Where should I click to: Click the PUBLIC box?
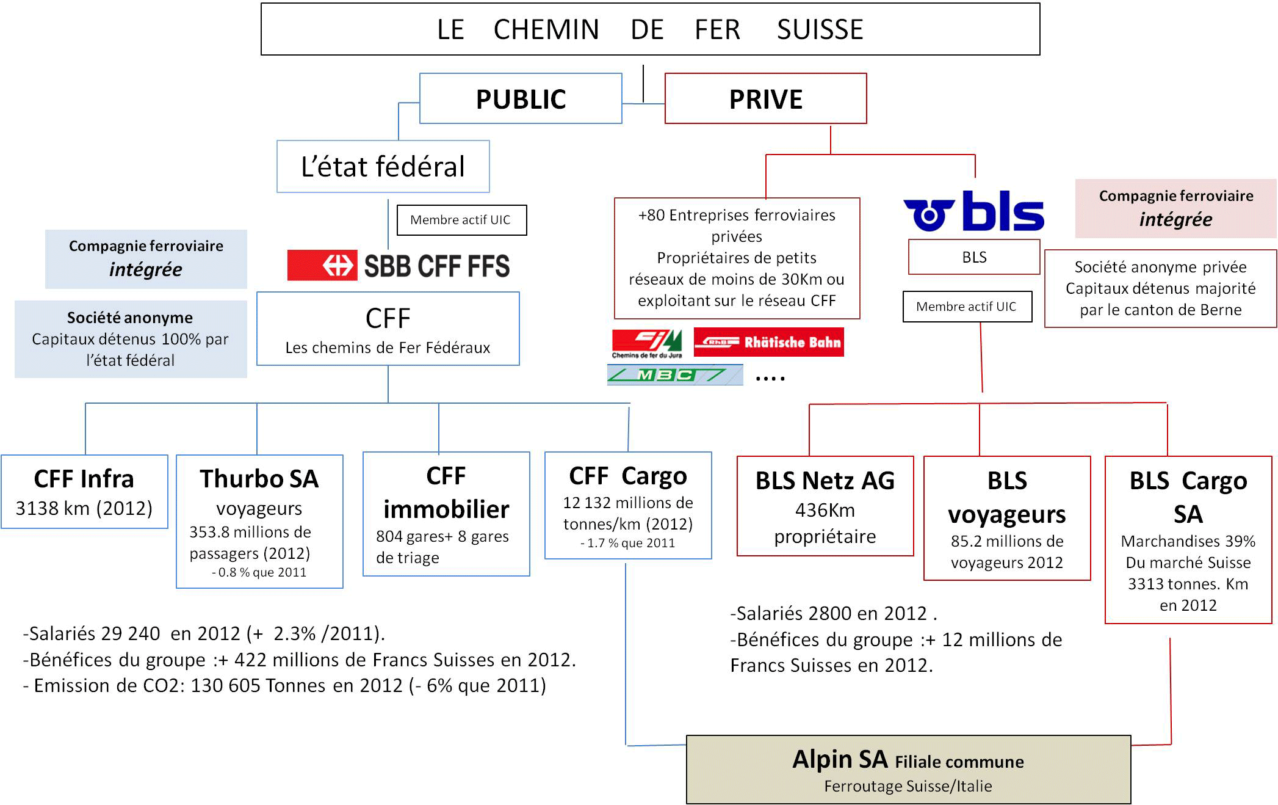pyautogui.click(x=521, y=98)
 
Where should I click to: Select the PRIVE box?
pyautogui.click(x=765, y=98)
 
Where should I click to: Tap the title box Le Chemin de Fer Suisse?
pyautogui.click(x=650, y=29)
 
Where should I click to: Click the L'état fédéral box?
pyautogui.click(x=383, y=167)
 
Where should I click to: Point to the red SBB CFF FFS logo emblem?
pyautogui.click(x=322, y=265)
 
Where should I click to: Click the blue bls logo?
pyautogui.click(x=973, y=211)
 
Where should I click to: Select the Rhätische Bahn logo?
pyautogui.click(x=768, y=342)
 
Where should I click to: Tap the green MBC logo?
pyautogui.click(x=675, y=374)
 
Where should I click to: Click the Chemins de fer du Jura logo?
pyautogui.click(x=647, y=344)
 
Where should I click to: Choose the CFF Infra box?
pyautogui.click(x=84, y=492)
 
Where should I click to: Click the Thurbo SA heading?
pyautogui.click(x=259, y=479)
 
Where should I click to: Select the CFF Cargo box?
pyautogui.click(x=628, y=506)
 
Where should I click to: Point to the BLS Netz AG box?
pyautogui.click(x=825, y=506)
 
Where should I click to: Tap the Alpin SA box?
pyautogui.click(x=908, y=770)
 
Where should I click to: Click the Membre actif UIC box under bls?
pyautogui.click(x=967, y=307)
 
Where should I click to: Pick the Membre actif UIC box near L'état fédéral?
pyautogui.click(x=461, y=220)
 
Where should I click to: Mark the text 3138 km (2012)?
pyautogui.click(x=84, y=508)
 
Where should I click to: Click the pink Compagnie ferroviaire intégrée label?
pyautogui.click(x=1175, y=208)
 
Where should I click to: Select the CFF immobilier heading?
pyautogui.click(x=446, y=492)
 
